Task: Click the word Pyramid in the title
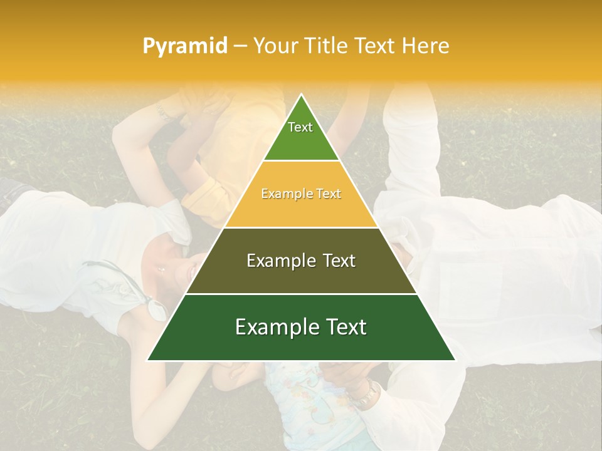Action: tap(185, 46)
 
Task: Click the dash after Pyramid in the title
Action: tap(240, 46)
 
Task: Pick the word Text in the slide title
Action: tap(376, 46)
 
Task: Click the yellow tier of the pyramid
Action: tap(301, 207)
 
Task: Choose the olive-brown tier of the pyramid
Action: tap(301, 276)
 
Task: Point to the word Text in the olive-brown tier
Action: tap(335, 261)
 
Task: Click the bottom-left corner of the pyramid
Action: tap(148, 360)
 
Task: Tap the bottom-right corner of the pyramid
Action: tap(455, 360)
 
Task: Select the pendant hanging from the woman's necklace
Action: tap(156, 308)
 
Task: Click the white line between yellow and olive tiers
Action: tap(301, 227)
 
